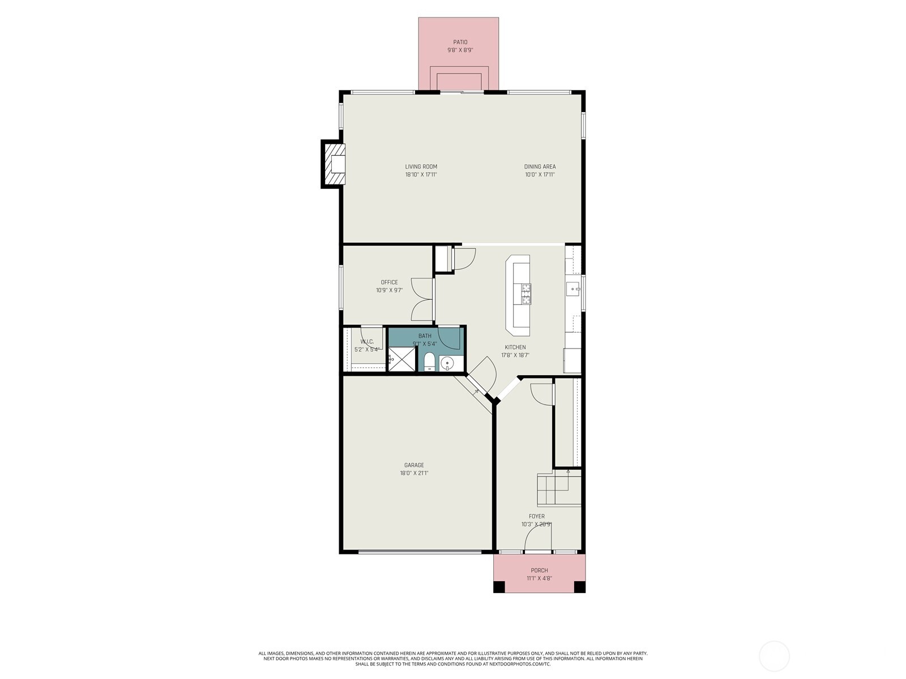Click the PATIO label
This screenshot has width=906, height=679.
(460, 42)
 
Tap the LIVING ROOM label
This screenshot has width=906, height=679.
(421, 166)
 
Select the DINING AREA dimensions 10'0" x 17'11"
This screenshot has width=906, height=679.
(539, 175)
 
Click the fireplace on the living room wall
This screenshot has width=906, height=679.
(334, 164)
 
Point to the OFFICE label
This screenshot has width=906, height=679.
(389, 282)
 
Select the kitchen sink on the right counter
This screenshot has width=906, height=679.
(573, 289)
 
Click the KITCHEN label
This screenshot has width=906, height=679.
(515, 347)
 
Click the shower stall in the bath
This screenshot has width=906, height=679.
(402, 359)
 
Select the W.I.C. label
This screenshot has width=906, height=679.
(367, 342)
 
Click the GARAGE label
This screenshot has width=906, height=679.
(414, 465)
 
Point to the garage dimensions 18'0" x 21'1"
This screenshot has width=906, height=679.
(414, 474)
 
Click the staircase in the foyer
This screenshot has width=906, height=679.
(559, 489)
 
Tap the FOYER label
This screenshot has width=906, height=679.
(536, 516)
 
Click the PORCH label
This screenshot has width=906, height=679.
(539, 570)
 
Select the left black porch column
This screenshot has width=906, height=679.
(499, 587)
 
